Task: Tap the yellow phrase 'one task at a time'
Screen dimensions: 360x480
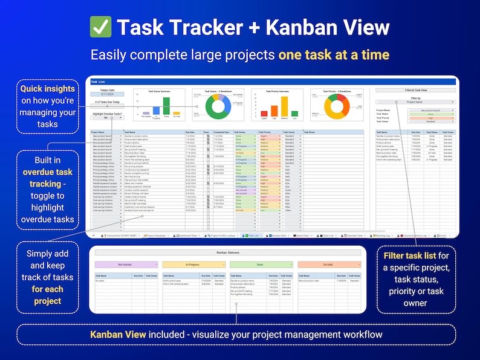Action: [x=333, y=55]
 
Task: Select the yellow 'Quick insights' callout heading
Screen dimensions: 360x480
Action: [x=48, y=89]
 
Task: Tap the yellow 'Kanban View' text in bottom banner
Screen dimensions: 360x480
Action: [x=120, y=334]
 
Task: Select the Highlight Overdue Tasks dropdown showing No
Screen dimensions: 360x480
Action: [x=108, y=118]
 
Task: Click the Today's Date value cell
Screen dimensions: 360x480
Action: [x=108, y=94]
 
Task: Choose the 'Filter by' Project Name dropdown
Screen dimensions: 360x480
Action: [x=414, y=102]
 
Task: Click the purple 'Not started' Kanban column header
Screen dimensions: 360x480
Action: [x=126, y=265]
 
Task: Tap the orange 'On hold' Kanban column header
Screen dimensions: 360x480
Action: [x=328, y=265]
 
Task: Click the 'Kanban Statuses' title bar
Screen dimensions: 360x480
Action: [x=227, y=252]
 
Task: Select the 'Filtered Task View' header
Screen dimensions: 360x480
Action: [x=414, y=89]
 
